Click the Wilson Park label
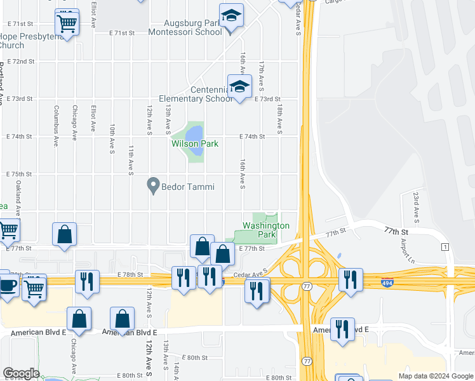pyautogui.click(x=195, y=144)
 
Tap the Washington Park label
pyautogui.click(x=267, y=230)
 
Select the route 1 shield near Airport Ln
pyautogui.click(x=446, y=246)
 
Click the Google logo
pyautogui.click(x=20, y=373)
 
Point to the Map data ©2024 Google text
pyautogui.click(x=435, y=376)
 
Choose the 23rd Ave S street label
pyautogui.click(x=416, y=206)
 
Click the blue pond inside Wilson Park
pyautogui.click(x=194, y=133)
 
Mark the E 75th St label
pyautogui.click(x=20, y=174)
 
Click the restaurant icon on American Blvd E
pyautogui.click(x=342, y=328)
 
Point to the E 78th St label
pyautogui.click(x=130, y=274)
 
